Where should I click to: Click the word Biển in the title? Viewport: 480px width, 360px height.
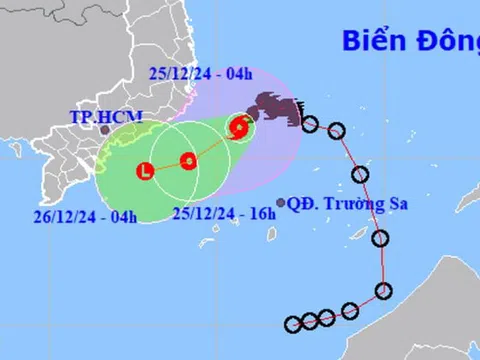pyautogui.click(x=371, y=41)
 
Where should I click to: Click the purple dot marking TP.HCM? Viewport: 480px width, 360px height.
pyautogui.click(x=104, y=129)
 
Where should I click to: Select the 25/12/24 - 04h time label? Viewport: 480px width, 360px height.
pyautogui.click(x=200, y=72)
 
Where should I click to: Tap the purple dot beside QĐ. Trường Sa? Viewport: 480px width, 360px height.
pyautogui.click(x=281, y=201)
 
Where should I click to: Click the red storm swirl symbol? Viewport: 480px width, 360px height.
pyautogui.click(x=239, y=126)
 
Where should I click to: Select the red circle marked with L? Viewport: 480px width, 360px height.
pyautogui.click(x=147, y=171)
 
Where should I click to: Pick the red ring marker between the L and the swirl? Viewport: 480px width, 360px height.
pyautogui.click(x=188, y=160)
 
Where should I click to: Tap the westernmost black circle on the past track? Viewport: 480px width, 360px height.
pyautogui.click(x=292, y=324)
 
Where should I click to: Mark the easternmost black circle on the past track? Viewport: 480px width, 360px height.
pyautogui.click(x=383, y=291)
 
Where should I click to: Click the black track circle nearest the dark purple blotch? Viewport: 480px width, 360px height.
pyautogui.click(x=310, y=124)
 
